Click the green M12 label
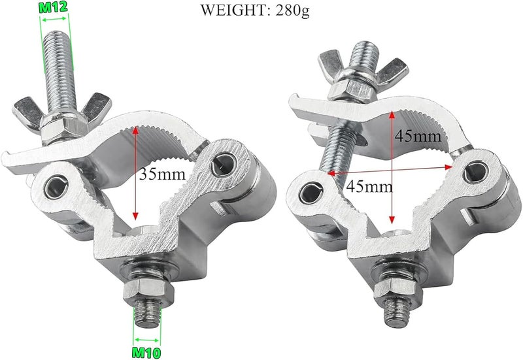coord(54,7)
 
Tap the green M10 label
coord(146,352)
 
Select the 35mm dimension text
coord(161,174)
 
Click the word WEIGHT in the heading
coord(233,10)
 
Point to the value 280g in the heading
coord(292,11)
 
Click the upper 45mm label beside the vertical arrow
coord(418,136)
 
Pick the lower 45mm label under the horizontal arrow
coord(369,186)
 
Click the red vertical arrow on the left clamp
coord(135,173)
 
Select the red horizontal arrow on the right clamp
coord(390,170)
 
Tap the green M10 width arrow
coord(146,340)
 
